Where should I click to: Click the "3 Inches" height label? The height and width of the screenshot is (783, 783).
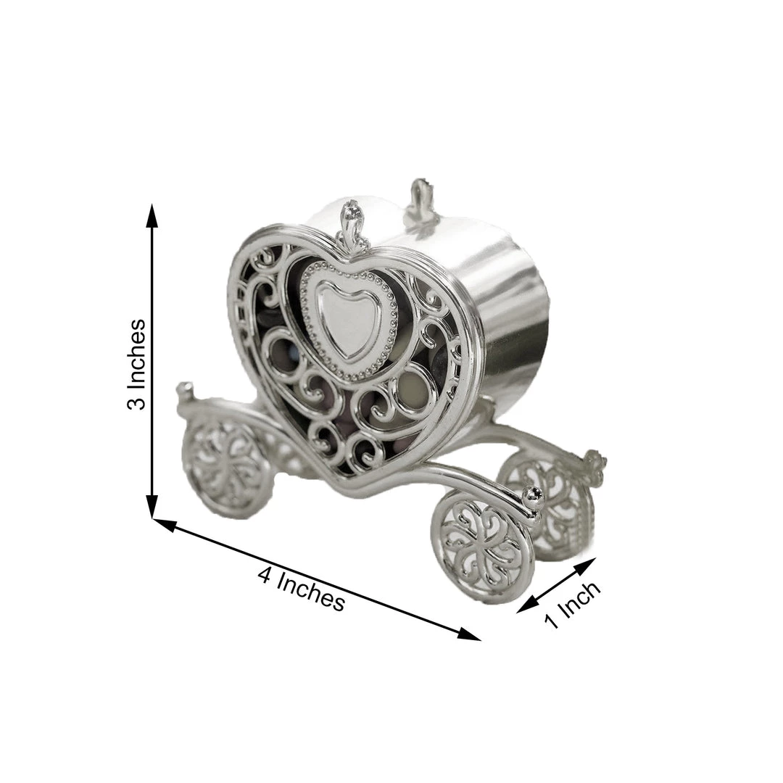[136, 364]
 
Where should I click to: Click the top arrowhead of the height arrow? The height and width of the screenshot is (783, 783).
[152, 214]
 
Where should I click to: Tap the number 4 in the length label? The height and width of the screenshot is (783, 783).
[266, 574]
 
